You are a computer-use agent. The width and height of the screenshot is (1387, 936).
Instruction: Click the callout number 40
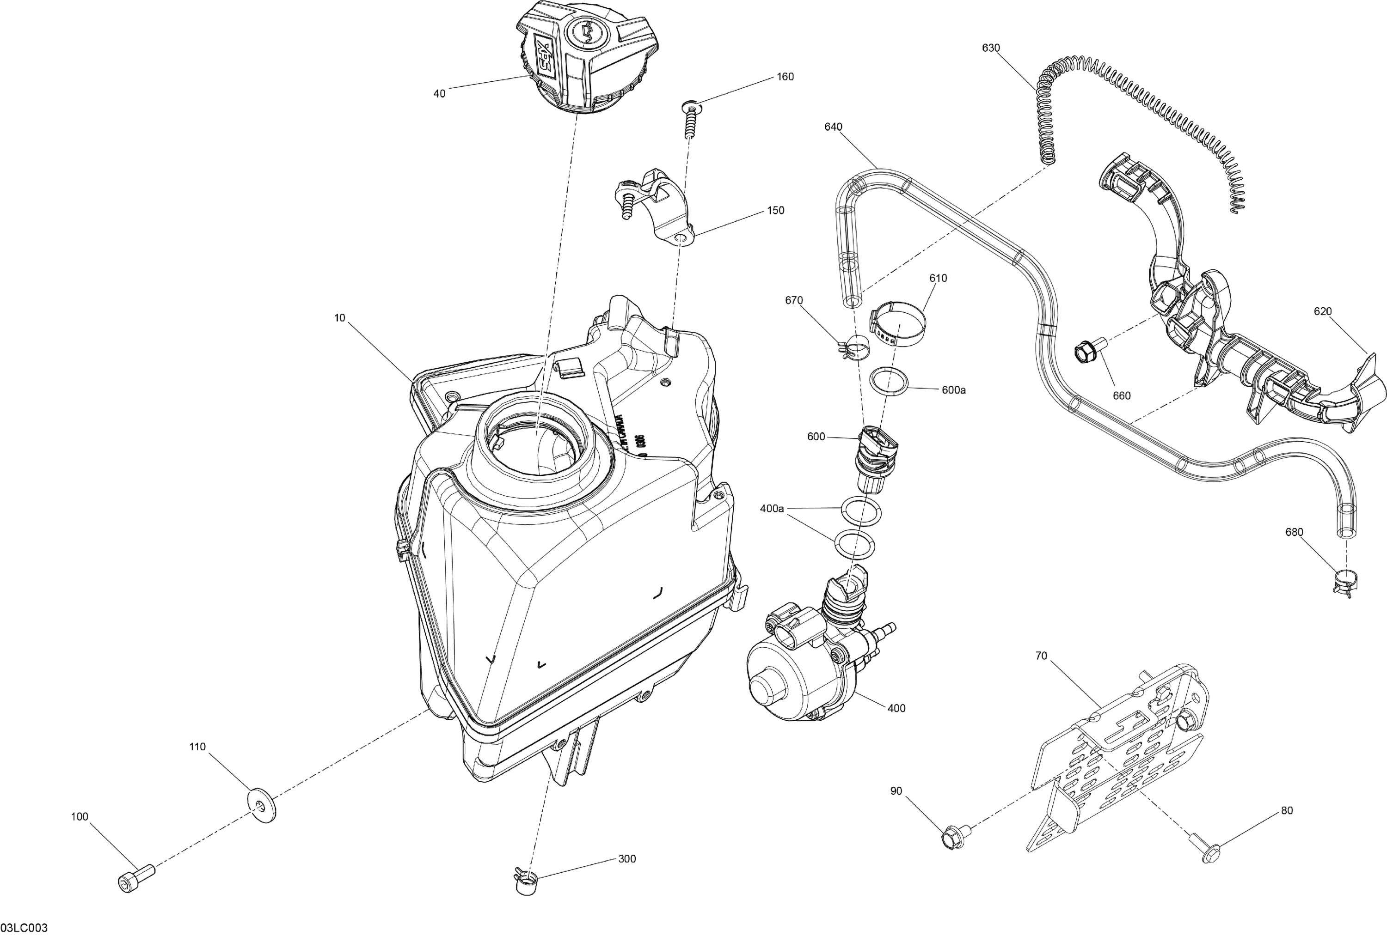(x=439, y=94)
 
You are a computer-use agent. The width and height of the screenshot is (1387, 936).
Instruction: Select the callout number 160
(x=785, y=77)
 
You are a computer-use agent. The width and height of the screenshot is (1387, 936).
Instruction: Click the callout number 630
(x=991, y=49)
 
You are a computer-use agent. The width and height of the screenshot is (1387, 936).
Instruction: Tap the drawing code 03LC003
(x=25, y=928)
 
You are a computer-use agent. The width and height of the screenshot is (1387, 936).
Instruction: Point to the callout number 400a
(x=772, y=509)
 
